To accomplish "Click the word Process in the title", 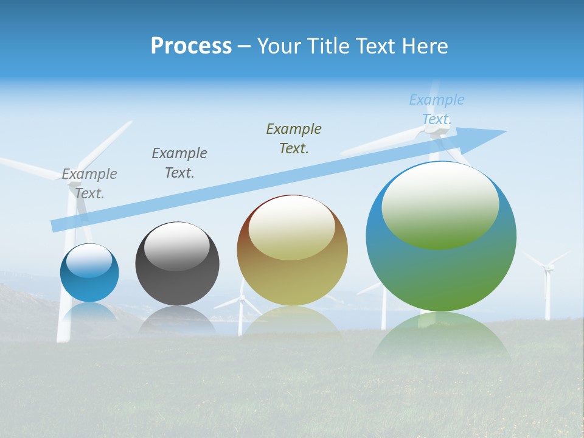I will [x=191, y=46].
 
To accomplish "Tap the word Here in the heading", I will [x=424, y=46].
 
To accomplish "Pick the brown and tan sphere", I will [x=292, y=274].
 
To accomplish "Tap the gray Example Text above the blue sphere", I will [x=89, y=183].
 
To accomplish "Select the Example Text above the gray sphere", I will [x=179, y=162].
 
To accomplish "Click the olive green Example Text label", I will [x=294, y=138].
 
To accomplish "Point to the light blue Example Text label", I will [x=437, y=109].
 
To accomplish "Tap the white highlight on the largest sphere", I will [x=440, y=204].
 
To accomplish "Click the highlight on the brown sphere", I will [x=292, y=228].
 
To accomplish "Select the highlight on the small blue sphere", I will [x=89, y=260].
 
